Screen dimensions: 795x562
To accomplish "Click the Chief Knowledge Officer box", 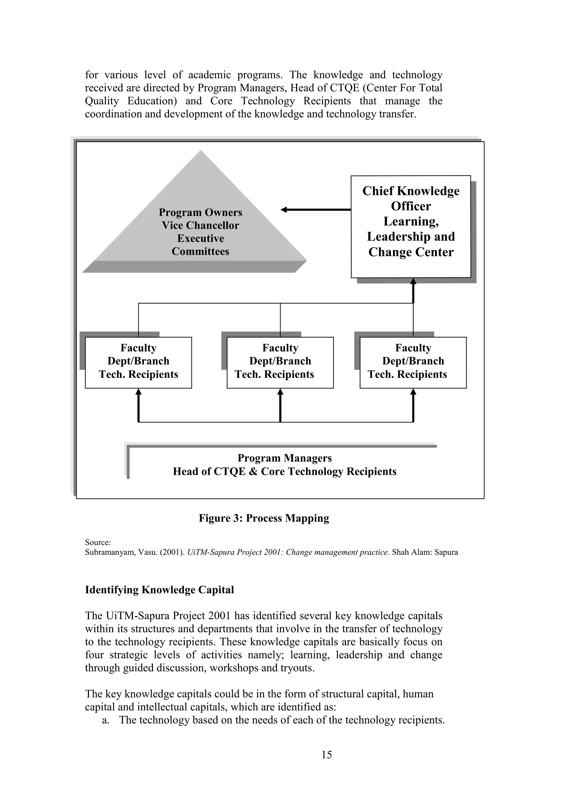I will (x=411, y=227).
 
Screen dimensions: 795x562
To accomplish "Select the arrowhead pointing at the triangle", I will (x=284, y=210).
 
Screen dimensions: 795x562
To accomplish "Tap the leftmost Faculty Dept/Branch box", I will (x=138, y=362).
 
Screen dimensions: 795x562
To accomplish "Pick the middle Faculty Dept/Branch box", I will (x=280, y=362).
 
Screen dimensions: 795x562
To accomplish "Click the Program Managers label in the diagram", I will (x=285, y=458).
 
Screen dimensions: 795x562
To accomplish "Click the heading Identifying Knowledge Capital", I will (x=159, y=590).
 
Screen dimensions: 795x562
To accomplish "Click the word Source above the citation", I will (x=98, y=543).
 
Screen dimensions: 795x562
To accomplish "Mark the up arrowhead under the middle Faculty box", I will (x=280, y=392).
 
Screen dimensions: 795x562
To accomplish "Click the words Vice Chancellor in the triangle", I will (x=200, y=225).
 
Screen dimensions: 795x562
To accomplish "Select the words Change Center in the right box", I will (x=411, y=252).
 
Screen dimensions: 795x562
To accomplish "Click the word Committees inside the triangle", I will (x=200, y=251).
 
